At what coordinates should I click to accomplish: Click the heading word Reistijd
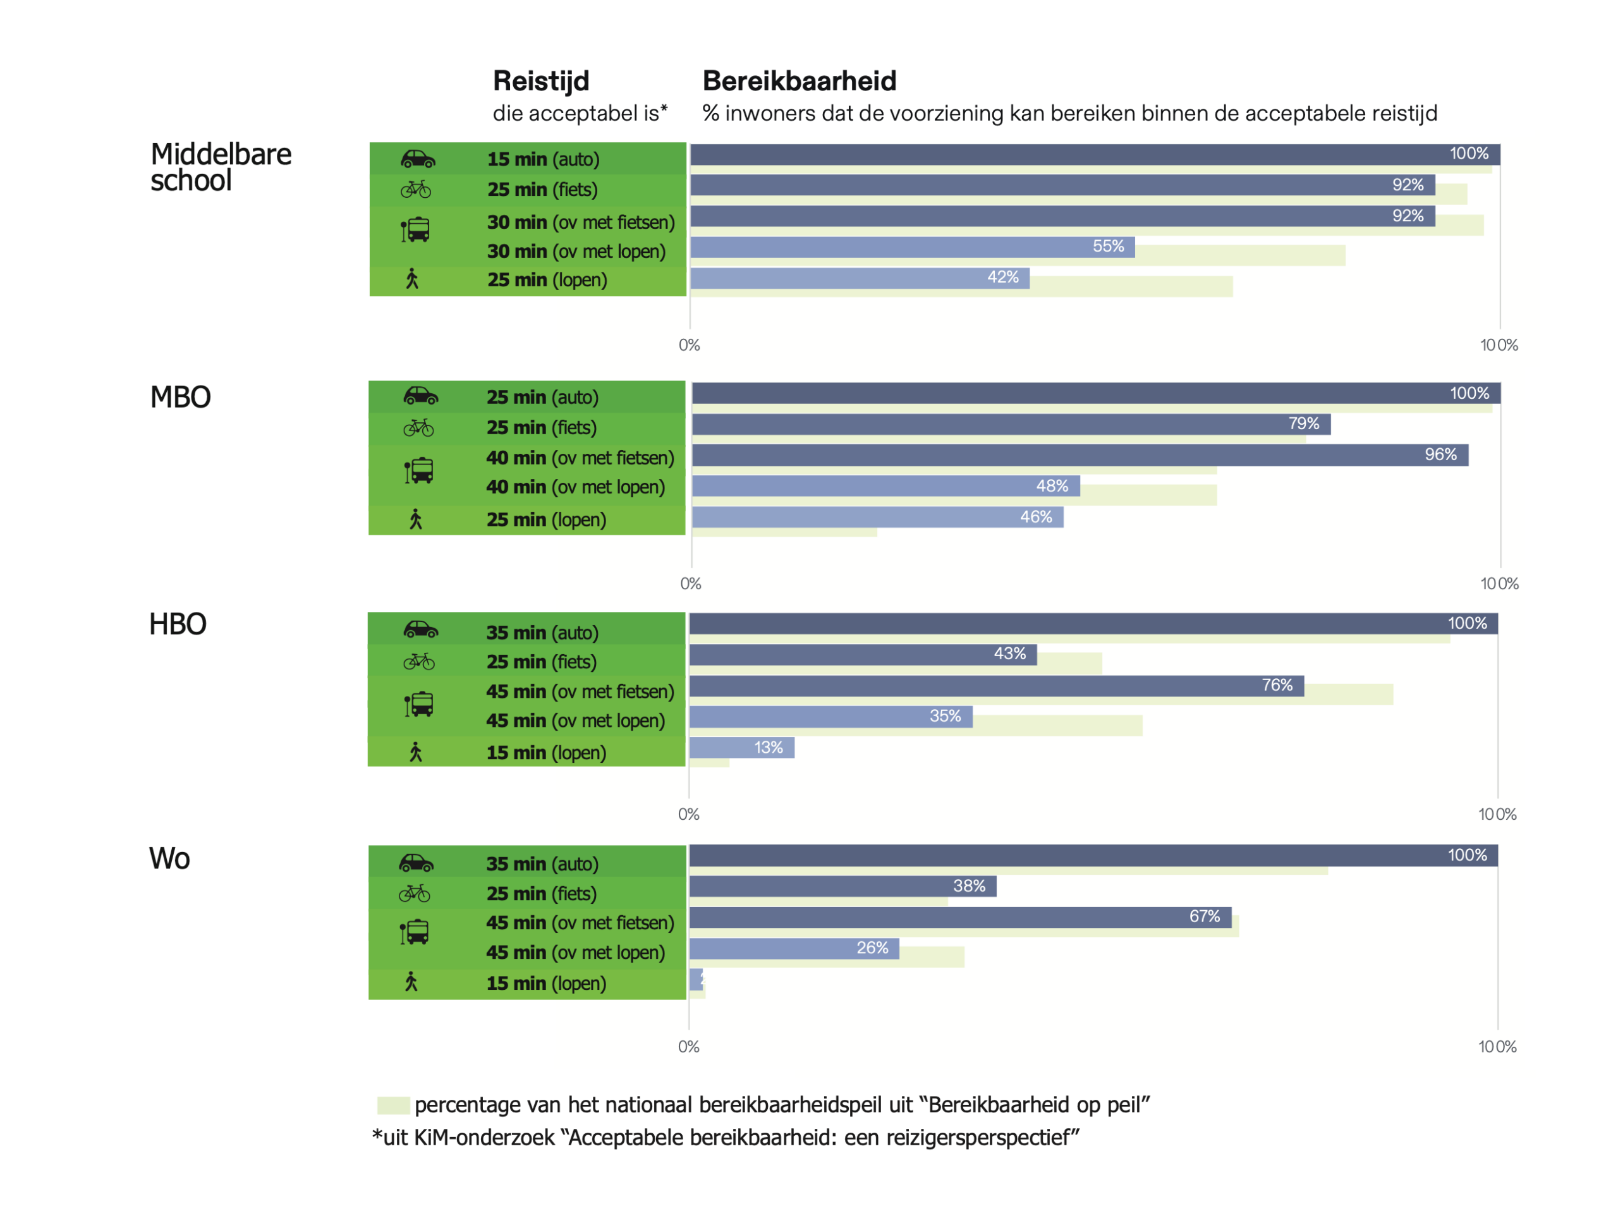pyautogui.click(x=540, y=81)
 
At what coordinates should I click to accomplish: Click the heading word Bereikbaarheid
pyautogui.click(x=799, y=81)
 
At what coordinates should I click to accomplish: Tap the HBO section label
pyautogui.click(x=178, y=624)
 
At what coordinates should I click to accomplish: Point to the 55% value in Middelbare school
pyautogui.click(x=1107, y=247)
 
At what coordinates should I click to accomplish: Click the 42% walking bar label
pyautogui.click(x=1002, y=277)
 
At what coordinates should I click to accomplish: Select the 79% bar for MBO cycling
pyautogui.click(x=1009, y=424)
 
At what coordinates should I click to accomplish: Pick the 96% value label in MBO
pyautogui.click(x=1440, y=455)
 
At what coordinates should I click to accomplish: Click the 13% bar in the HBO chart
pyautogui.click(x=741, y=748)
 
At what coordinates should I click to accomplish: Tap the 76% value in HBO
pyautogui.click(x=1277, y=685)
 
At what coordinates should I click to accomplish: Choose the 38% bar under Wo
pyautogui.click(x=841, y=887)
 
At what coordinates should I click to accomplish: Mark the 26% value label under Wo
pyautogui.click(x=872, y=948)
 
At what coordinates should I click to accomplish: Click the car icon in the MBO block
pyautogui.click(x=420, y=396)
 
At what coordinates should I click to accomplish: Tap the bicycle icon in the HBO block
pyautogui.click(x=419, y=662)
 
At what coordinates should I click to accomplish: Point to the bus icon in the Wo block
pyautogui.click(x=415, y=932)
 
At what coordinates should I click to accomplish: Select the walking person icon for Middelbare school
pyautogui.click(x=413, y=279)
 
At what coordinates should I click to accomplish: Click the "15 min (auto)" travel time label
pyautogui.click(x=544, y=159)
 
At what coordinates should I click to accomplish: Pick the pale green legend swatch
pyautogui.click(x=392, y=1105)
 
